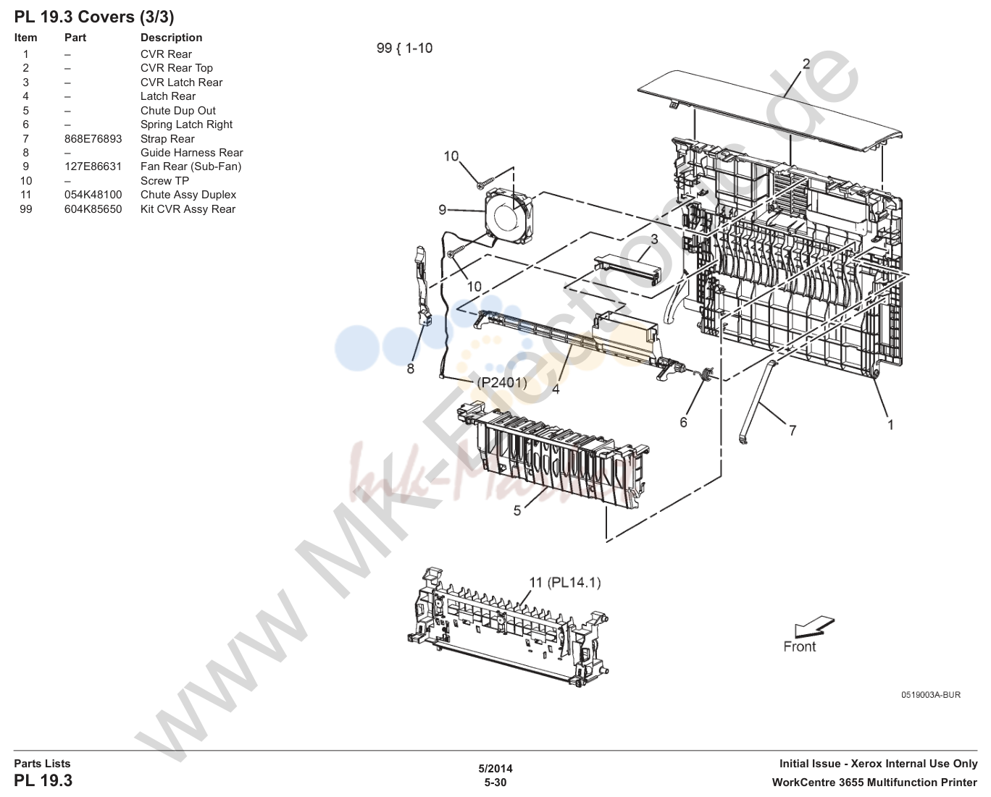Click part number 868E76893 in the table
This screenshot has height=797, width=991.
click(93, 138)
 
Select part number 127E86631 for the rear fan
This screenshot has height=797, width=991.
click(93, 166)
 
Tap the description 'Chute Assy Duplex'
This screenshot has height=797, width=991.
click(188, 195)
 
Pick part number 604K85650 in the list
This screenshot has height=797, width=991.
click(93, 209)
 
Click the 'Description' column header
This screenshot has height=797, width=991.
click(171, 38)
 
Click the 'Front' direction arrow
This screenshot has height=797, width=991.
click(814, 627)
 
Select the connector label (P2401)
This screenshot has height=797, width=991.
click(501, 382)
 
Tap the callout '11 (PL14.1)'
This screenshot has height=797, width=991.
click(564, 583)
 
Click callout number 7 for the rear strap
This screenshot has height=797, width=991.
click(792, 430)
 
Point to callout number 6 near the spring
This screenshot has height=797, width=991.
click(683, 422)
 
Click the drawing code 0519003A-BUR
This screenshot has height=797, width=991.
click(931, 695)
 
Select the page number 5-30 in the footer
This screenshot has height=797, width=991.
click(495, 783)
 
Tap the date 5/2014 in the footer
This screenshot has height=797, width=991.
click(495, 769)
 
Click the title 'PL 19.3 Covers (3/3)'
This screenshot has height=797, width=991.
click(94, 17)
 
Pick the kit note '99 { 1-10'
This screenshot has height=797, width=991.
click(404, 49)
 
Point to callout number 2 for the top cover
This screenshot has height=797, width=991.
click(806, 64)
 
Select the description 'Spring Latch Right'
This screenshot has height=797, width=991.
click(186, 125)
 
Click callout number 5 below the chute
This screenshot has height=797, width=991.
click(517, 510)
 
